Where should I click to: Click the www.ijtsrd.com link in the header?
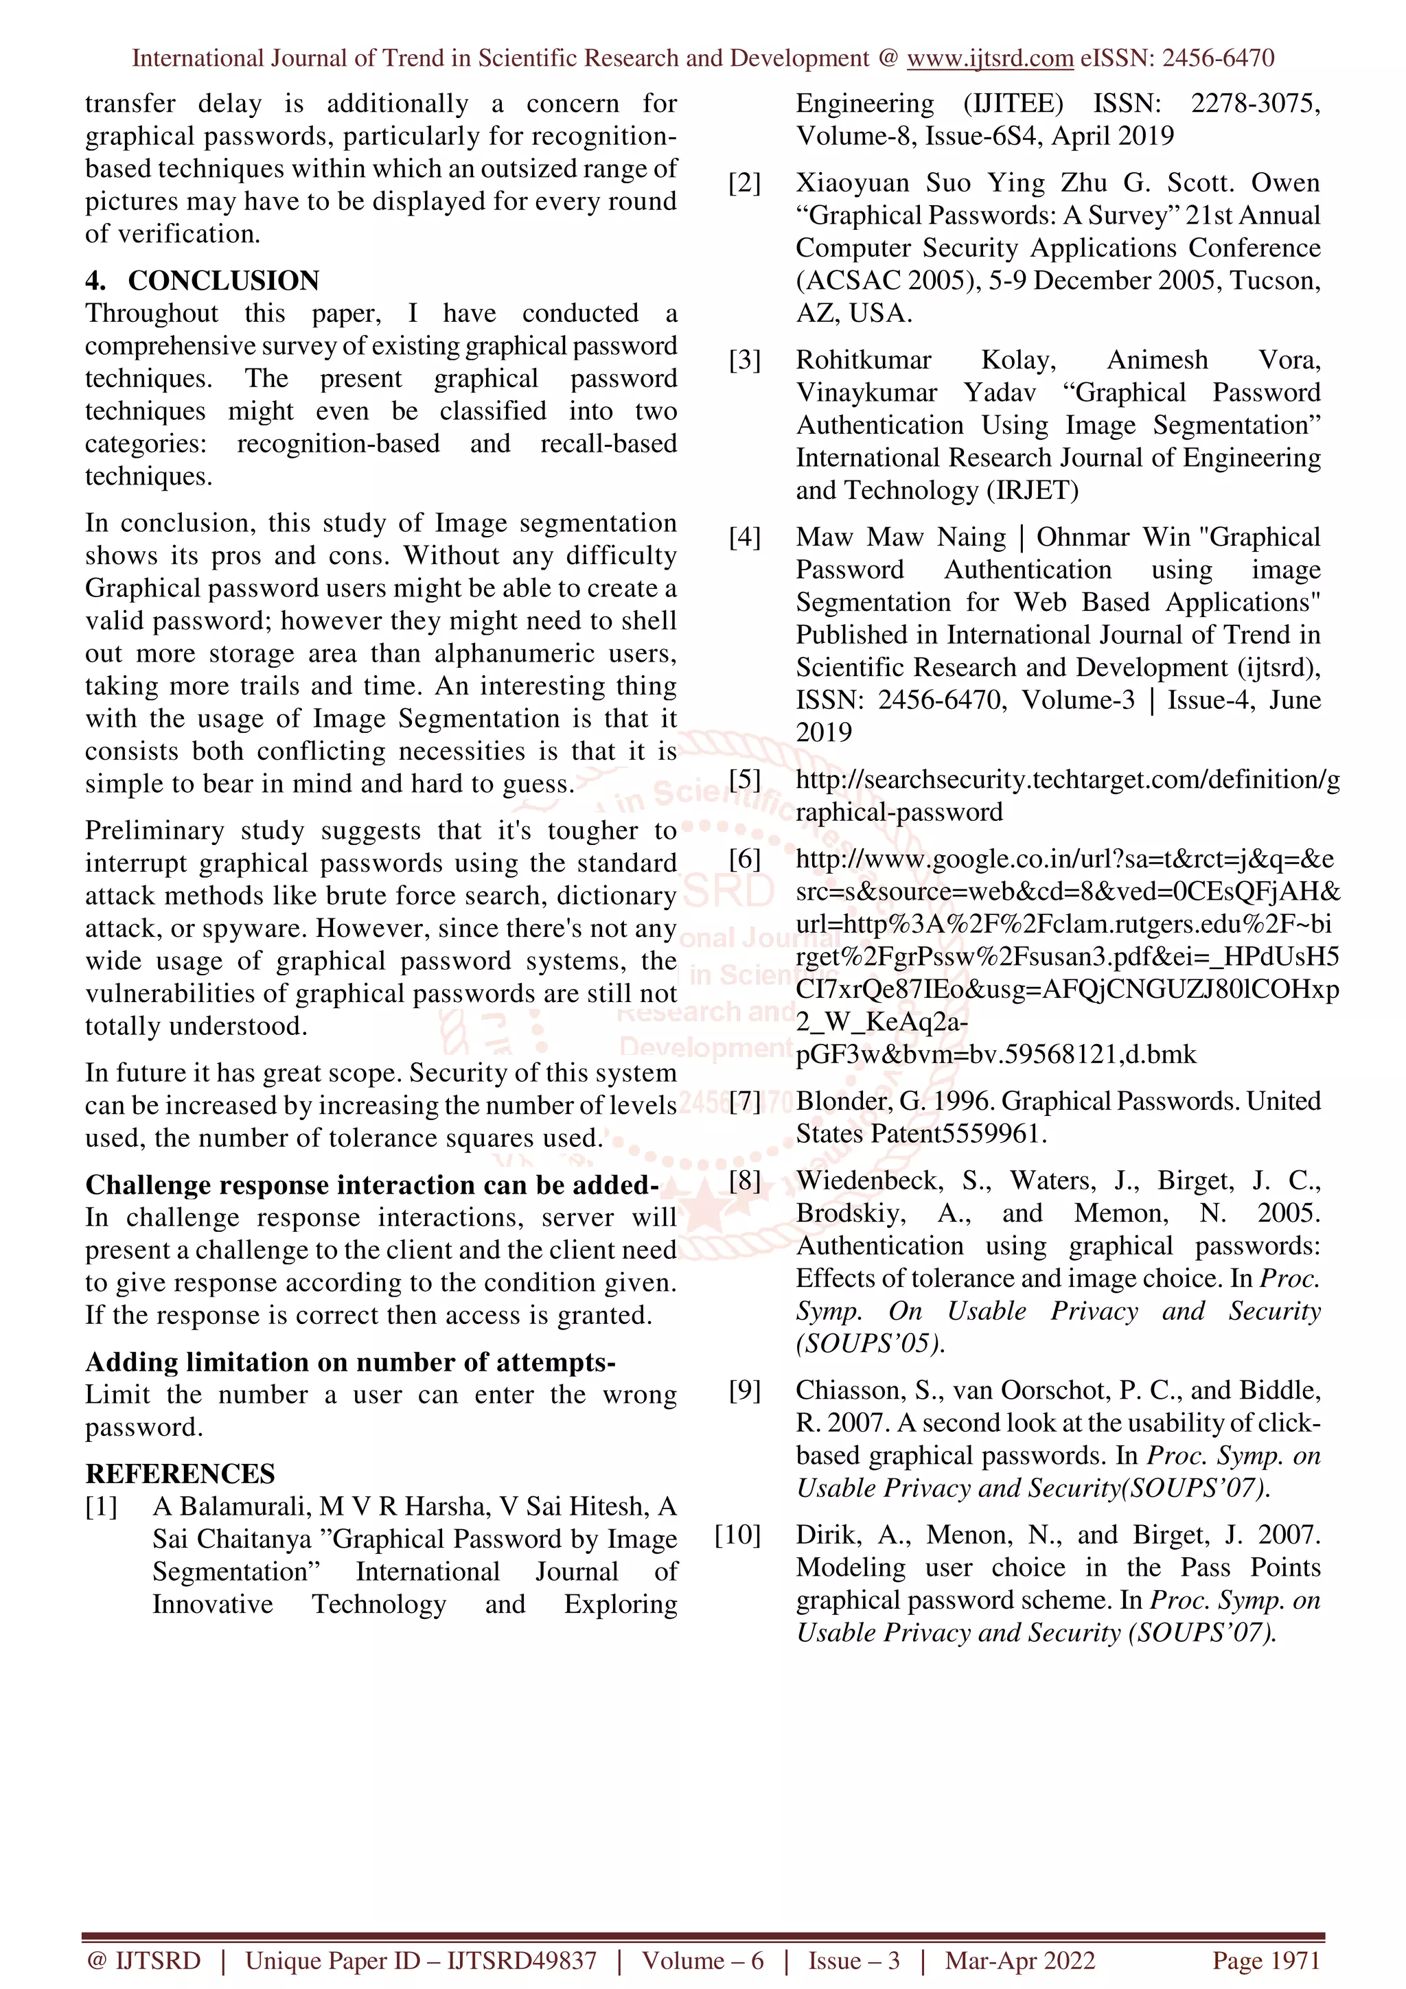click(x=989, y=58)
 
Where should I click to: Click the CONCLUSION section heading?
click(x=224, y=281)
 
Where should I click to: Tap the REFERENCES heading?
click(x=180, y=1474)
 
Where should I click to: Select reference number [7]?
click(x=744, y=1101)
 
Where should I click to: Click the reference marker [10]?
click(x=737, y=1535)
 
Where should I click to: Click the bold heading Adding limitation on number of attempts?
click(x=350, y=1362)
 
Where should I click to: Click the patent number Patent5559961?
click(x=958, y=1134)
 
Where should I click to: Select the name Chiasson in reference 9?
click(x=853, y=1391)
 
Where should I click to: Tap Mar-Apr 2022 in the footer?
click(x=1019, y=1960)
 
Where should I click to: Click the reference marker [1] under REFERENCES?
click(x=102, y=1507)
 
